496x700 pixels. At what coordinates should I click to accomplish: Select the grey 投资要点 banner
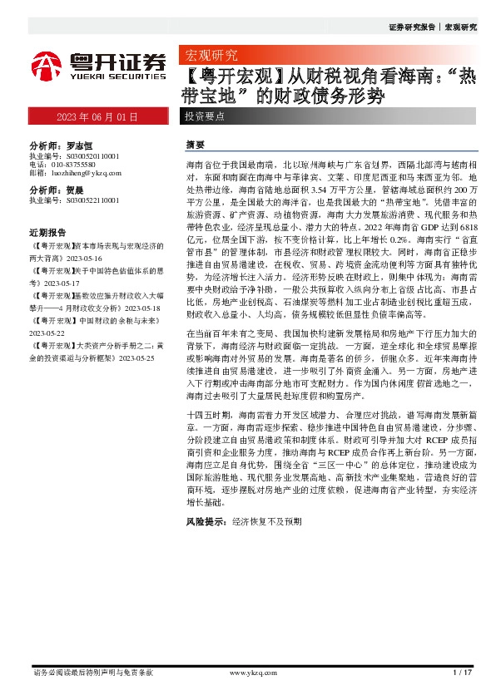[x=205, y=116]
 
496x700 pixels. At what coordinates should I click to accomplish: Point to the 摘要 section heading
[x=195, y=145]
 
